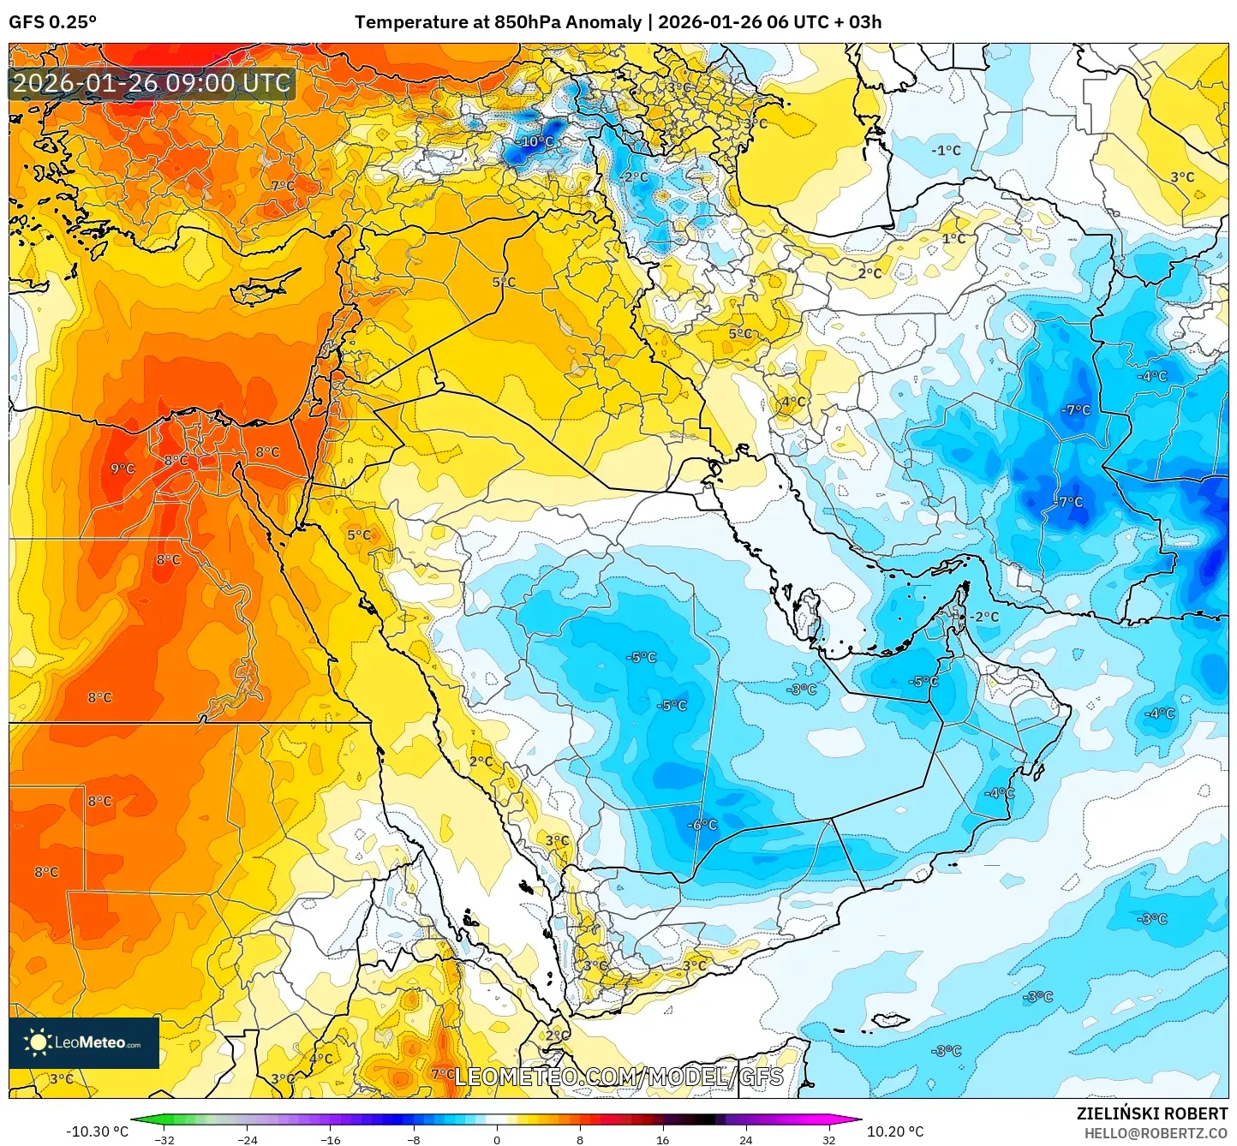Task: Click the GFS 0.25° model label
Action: coord(52,22)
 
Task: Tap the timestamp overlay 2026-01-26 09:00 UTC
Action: coord(152,83)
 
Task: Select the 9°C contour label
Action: coord(123,469)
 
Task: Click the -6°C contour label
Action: coord(702,824)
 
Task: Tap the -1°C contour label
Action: coord(946,151)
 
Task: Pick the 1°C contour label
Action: coord(953,238)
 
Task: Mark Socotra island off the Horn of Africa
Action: coord(890,1020)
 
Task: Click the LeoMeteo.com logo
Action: coord(84,1042)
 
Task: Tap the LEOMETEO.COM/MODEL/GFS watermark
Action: coord(618,1077)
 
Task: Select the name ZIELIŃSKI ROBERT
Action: coord(1152,1113)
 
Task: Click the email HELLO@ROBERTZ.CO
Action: coord(1156,1133)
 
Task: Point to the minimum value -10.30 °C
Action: coord(97,1131)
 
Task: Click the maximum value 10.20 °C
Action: coord(895,1131)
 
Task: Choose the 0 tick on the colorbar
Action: coord(497,1139)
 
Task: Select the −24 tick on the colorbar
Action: coord(247,1139)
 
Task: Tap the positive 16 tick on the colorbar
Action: coord(662,1139)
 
